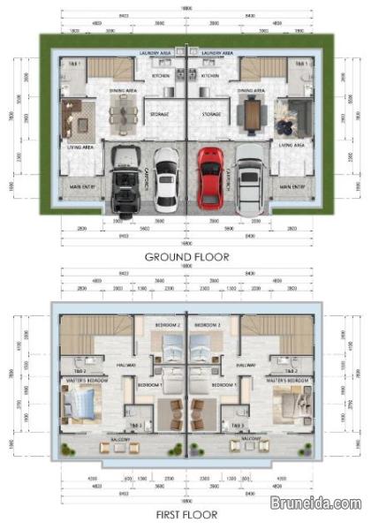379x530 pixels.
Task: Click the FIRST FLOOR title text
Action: coord(187,513)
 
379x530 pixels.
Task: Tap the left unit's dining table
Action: coord(124,111)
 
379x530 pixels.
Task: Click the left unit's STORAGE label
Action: coord(160,113)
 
